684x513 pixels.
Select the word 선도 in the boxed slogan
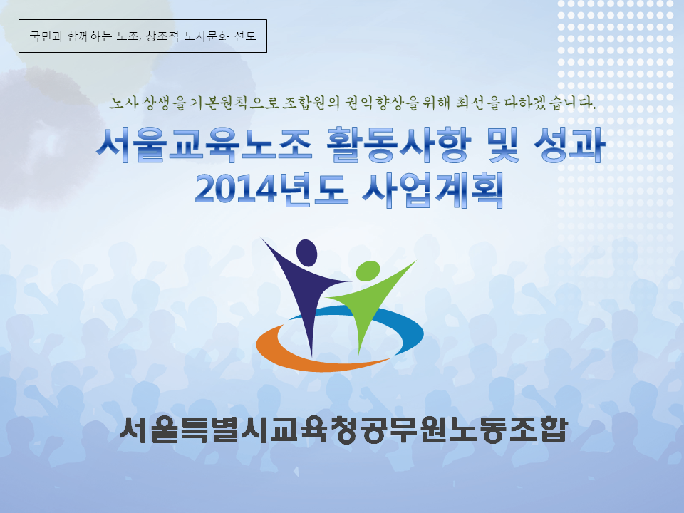[245, 36]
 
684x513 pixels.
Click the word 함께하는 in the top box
[90, 36]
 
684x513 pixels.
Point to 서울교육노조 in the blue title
[204, 145]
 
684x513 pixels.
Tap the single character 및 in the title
[504, 145]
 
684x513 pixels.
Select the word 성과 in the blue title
[570, 145]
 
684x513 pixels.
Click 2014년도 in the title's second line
[271, 190]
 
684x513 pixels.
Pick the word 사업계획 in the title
[432, 190]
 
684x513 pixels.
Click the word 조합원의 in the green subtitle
[311, 103]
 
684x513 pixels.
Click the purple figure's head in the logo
[306, 252]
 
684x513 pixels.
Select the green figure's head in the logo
[368, 271]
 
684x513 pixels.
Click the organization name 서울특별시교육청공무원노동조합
[343, 430]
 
